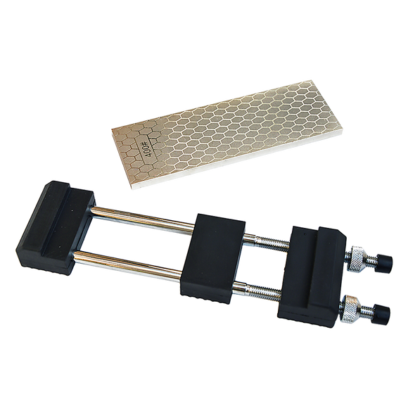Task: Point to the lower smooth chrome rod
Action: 127,265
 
